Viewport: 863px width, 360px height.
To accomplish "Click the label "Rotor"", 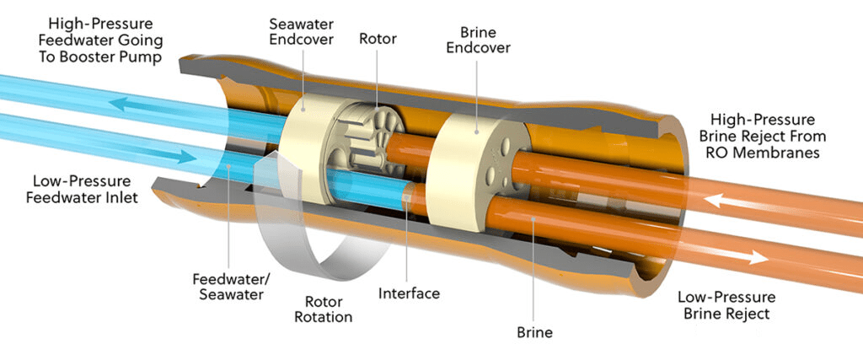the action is pos(378,39).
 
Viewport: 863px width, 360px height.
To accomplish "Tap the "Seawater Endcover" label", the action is pos(302,32).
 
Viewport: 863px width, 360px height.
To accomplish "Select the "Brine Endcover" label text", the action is pos(478,40).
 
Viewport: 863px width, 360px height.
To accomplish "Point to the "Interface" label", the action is pos(409,293).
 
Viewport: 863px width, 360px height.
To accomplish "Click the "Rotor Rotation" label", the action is pos(323,309).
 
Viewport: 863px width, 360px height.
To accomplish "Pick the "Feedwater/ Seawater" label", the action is pos(232,287).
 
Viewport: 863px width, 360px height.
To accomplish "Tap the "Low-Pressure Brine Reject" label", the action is pos(726,305).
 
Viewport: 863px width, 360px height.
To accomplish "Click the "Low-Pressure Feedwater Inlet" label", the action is pos(82,190).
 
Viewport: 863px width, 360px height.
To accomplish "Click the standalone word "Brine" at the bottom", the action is pos(534,332).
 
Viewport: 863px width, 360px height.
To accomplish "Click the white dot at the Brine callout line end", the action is pos(533,219).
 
